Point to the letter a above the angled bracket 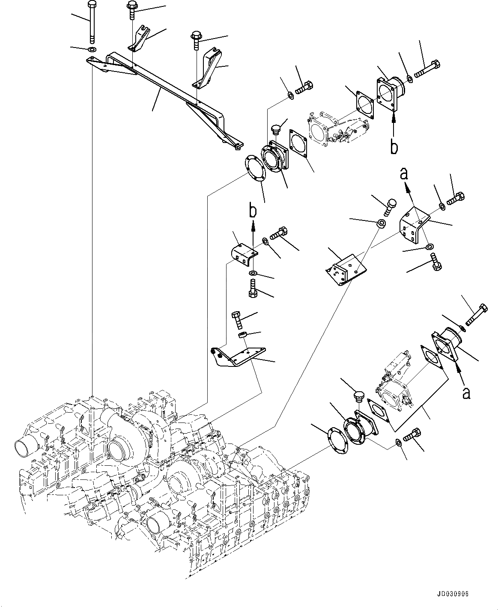404,173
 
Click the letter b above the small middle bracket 253,211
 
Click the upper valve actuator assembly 336,125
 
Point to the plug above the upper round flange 277,128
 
